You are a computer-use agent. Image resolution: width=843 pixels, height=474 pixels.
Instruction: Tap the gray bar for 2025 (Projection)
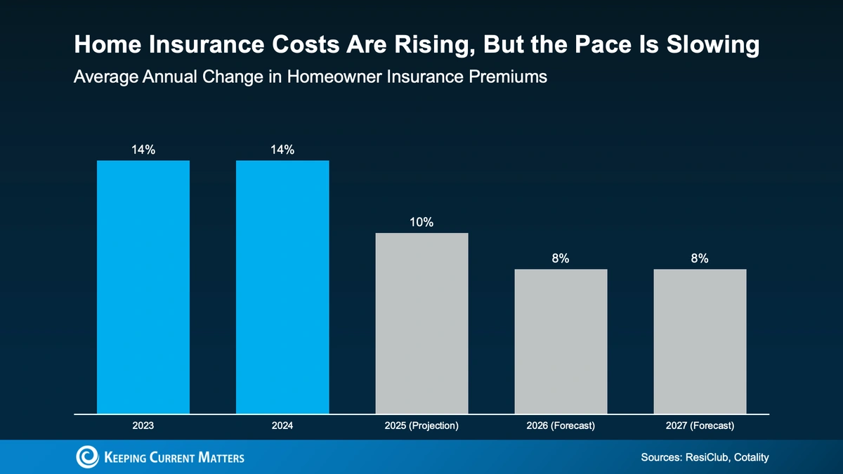[x=421, y=322]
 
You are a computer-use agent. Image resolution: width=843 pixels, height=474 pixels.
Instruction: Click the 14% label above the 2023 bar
[x=143, y=150]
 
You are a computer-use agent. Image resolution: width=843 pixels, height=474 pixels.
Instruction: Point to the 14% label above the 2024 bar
[x=282, y=150]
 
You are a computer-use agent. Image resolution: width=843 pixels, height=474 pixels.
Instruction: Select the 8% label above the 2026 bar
[x=561, y=258]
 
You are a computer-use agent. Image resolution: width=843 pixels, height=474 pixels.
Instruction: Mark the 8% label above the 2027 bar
[x=700, y=258]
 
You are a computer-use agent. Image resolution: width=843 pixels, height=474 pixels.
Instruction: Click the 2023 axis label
[x=143, y=426]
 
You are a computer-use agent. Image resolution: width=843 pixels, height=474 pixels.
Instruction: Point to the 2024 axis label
[x=282, y=426]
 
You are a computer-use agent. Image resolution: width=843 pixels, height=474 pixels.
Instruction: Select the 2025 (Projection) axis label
[x=421, y=426]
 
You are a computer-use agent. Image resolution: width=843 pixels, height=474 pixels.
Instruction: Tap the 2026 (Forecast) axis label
[x=561, y=426]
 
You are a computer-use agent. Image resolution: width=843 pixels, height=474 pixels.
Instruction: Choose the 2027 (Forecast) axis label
[x=700, y=426]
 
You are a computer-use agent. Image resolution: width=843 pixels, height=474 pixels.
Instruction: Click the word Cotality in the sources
[x=747, y=457]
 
